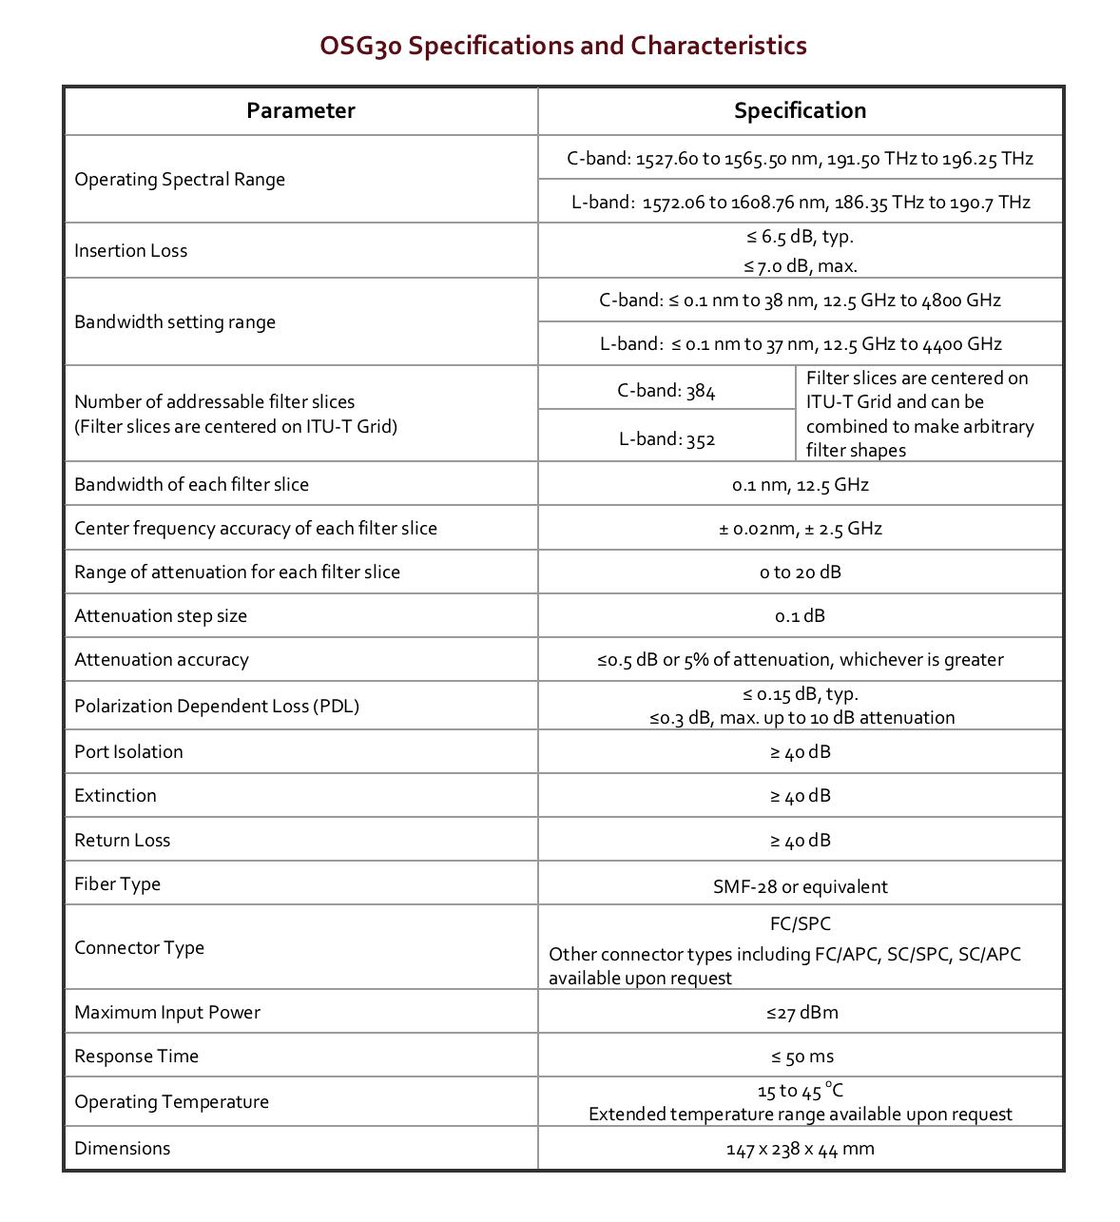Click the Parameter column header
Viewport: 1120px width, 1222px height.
click(x=300, y=110)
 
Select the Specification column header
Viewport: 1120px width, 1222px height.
click(x=800, y=110)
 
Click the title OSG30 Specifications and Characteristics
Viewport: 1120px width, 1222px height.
click(x=563, y=46)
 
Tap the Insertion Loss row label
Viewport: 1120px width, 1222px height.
click(x=131, y=251)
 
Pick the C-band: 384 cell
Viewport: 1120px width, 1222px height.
click(x=666, y=390)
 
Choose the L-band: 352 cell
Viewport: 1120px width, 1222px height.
click(x=666, y=438)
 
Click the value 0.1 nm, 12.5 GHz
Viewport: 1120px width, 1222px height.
click(x=800, y=485)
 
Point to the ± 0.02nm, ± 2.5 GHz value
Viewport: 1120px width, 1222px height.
click(x=800, y=529)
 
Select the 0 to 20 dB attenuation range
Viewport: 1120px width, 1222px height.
click(x=800, y=572)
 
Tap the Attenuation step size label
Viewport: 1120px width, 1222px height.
click(x=161, y=616)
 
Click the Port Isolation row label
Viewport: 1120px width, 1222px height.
click(x=128, y=752)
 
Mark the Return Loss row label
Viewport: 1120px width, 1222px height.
click(x=123, y=841)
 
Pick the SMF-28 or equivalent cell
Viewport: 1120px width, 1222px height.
click(x=800, y=887)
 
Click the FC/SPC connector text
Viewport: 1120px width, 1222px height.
click(x=800, y=923)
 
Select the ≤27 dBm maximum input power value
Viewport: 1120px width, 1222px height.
click(x=800, y=1013)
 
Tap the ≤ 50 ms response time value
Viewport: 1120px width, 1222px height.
click(x=800, y=1057)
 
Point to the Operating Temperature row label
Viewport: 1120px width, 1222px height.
click(x=171, y=1102)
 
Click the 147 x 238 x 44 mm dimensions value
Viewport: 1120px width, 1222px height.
click(x=800, y=1150)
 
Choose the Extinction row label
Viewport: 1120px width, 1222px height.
click(x=115, y=796)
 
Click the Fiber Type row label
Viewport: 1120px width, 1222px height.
click(x=117, y=884)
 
